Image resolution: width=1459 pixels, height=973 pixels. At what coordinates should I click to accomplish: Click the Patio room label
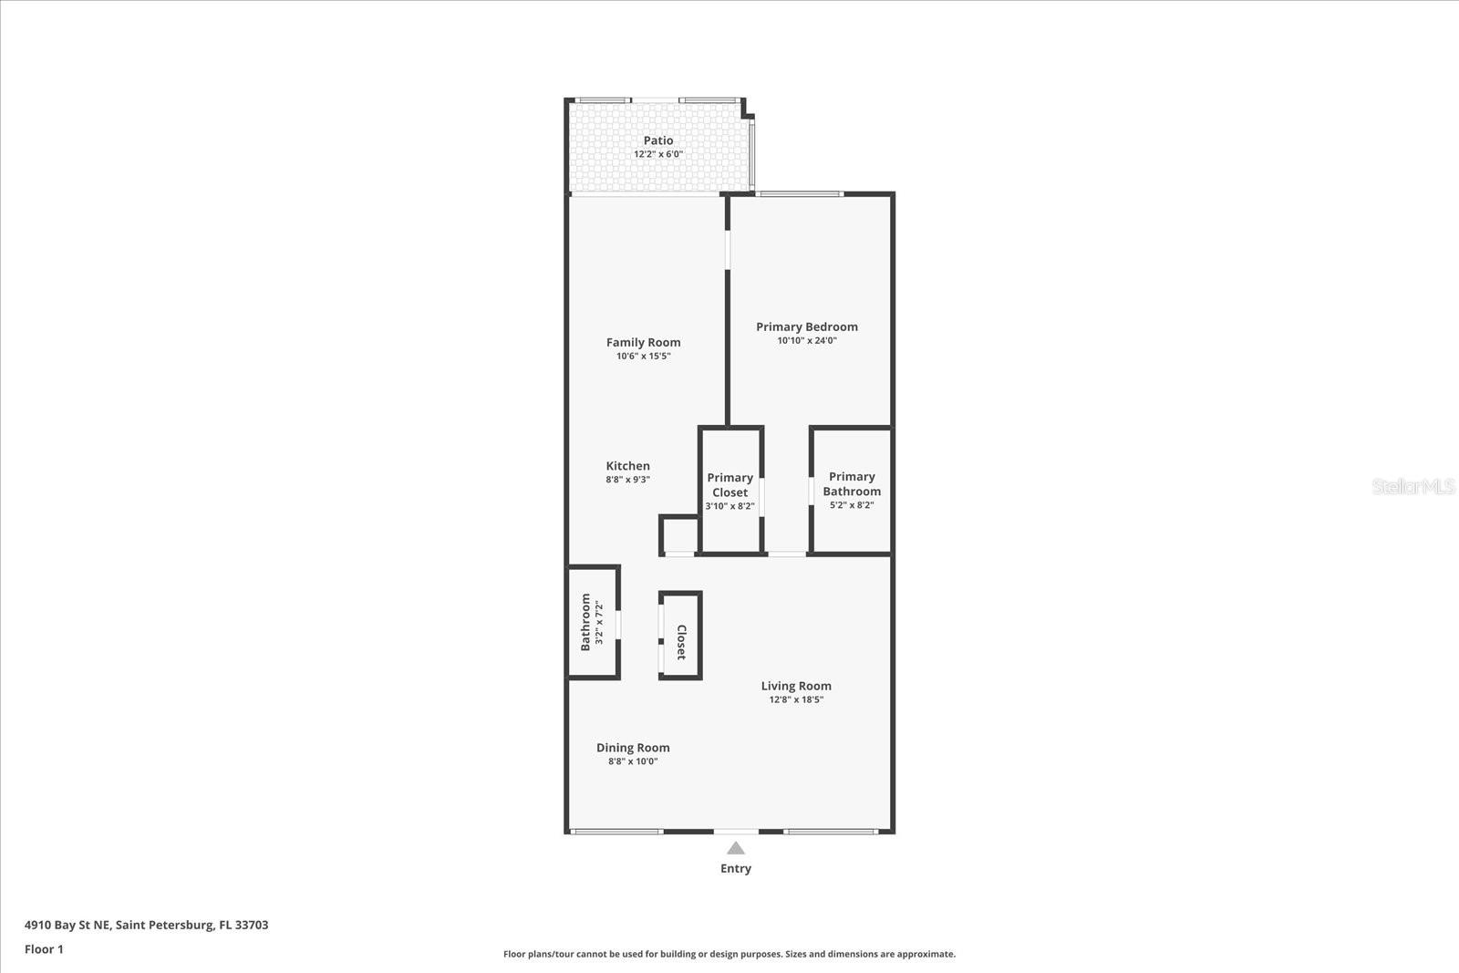point(658,140)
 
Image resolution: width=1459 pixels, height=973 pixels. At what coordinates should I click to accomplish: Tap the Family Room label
point(643,343)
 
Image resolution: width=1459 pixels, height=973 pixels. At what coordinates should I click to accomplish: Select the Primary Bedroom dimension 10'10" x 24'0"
point(806,341)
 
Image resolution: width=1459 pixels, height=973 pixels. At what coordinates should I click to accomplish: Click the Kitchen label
point(627,466)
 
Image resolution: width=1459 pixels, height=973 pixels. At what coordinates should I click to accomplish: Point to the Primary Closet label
point(729,485)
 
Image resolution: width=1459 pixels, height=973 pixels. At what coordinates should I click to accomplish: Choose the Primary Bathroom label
point(852,484)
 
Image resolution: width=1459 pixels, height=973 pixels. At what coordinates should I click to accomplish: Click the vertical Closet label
point(681,642)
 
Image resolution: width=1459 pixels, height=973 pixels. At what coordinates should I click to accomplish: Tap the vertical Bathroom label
point(585,622)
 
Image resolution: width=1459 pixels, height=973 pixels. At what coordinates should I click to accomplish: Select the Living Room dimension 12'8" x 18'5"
point(796,700)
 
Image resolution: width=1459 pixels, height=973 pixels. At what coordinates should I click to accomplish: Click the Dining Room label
point(633,748)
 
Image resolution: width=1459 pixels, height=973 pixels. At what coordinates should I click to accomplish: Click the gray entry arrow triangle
point(736,849)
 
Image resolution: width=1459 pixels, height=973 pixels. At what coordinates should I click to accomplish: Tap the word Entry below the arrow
point(736,868)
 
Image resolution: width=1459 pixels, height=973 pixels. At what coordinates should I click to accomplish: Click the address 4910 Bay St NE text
point(146,925)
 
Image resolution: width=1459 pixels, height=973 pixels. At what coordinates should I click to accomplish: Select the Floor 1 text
point(44,949)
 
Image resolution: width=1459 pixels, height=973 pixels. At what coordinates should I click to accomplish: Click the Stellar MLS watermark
point(1412,486)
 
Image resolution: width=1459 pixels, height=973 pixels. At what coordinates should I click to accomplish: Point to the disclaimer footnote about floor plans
point(729,954)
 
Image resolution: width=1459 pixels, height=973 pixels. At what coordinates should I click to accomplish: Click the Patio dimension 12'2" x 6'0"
point(658,154)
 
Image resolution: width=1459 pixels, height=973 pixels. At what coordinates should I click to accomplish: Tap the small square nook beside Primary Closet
point(678,535)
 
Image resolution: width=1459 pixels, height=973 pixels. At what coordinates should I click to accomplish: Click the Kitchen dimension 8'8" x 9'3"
point(627,480)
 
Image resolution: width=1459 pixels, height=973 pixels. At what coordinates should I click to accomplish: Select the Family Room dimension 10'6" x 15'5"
point(643,357)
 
